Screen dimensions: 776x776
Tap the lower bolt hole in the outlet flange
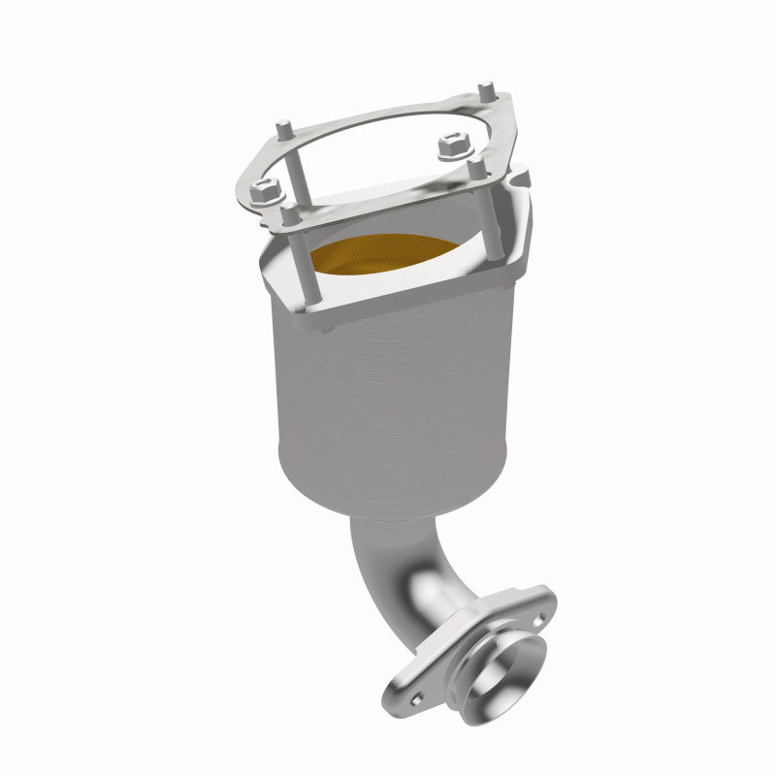tap(415, 696)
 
